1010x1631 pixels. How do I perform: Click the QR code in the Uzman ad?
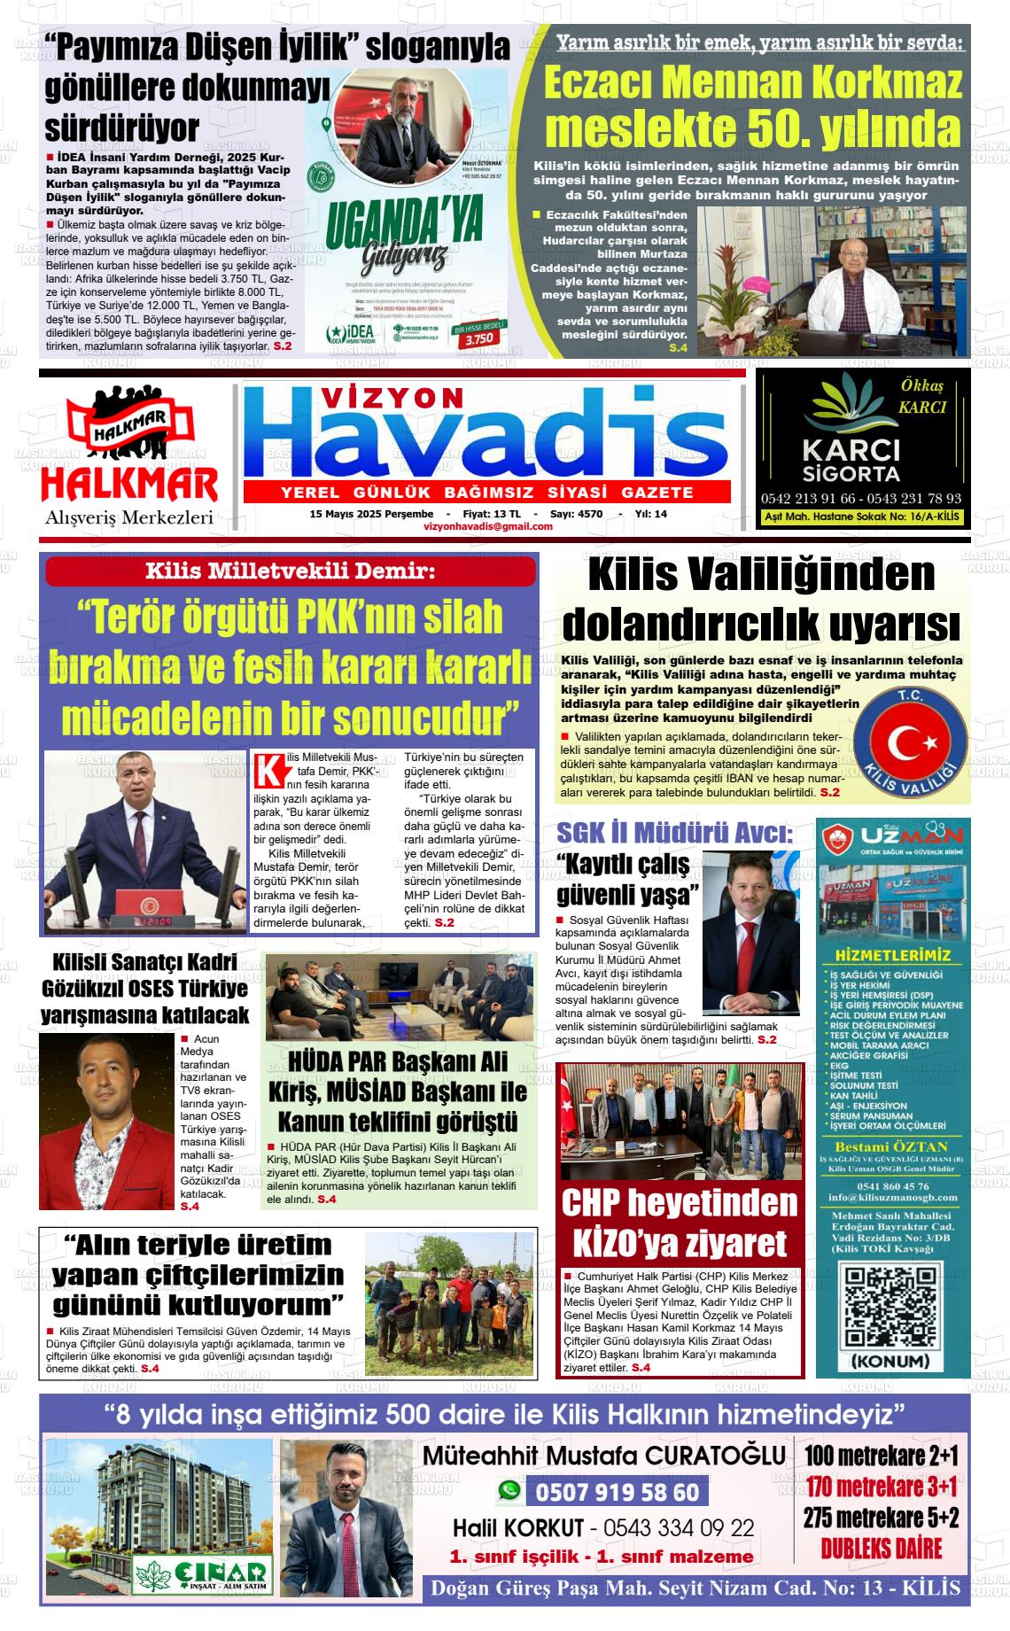pos(889,1308)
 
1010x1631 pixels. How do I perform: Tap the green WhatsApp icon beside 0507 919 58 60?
pos(509,1492)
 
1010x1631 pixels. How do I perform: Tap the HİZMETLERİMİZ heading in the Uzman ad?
pos(892,955)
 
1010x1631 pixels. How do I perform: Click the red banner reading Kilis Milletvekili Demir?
pos(291,571)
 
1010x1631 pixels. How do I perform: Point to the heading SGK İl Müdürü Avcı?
pos(674,833)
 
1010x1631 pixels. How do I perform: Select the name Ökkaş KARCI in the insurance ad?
pos(922,397)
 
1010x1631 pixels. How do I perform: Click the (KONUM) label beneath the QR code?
pos(890,1361)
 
